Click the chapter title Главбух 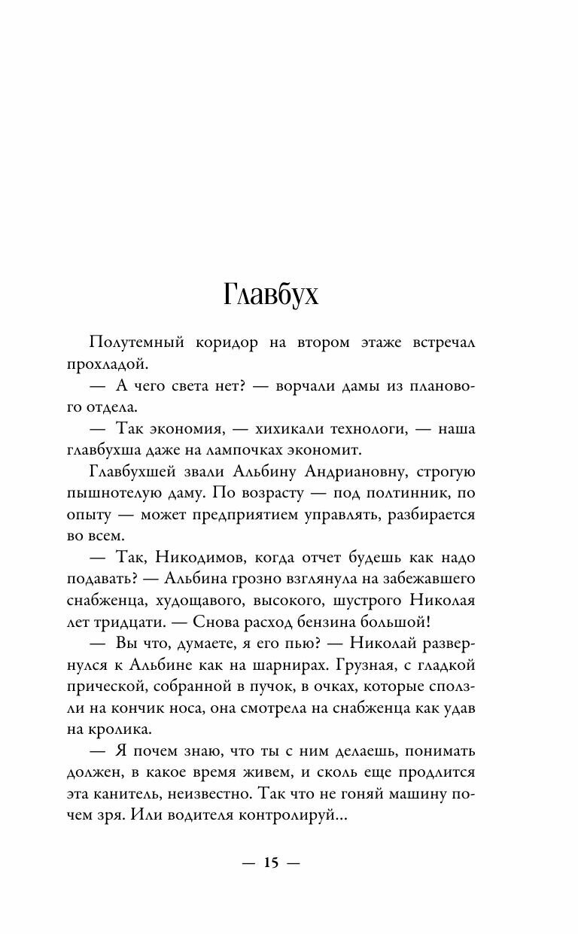pos(271,295)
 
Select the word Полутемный pos(137,342)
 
